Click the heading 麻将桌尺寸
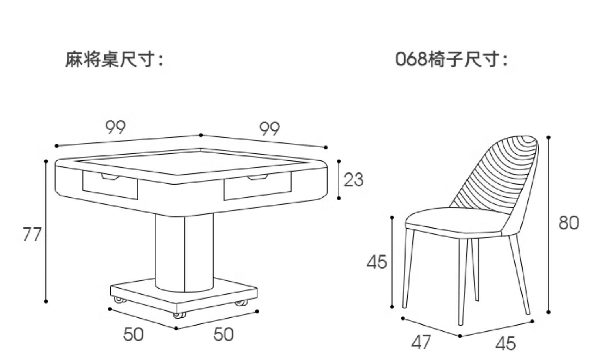pos(114,60)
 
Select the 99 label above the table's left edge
pos(116,127)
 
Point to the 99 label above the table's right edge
pos(270,129)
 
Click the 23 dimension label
pos(353,179)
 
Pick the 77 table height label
pos(32,234)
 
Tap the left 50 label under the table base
pos(134,334)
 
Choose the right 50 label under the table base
pos(224,334)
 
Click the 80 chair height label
pos(568,223)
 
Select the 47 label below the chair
pos(421,342)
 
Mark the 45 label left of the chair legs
pos(377,262)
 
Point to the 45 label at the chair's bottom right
pos(505,344)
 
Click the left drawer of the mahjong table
pos(110,187)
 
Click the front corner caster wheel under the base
pos(179,315)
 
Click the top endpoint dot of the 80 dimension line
pos(549,137)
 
